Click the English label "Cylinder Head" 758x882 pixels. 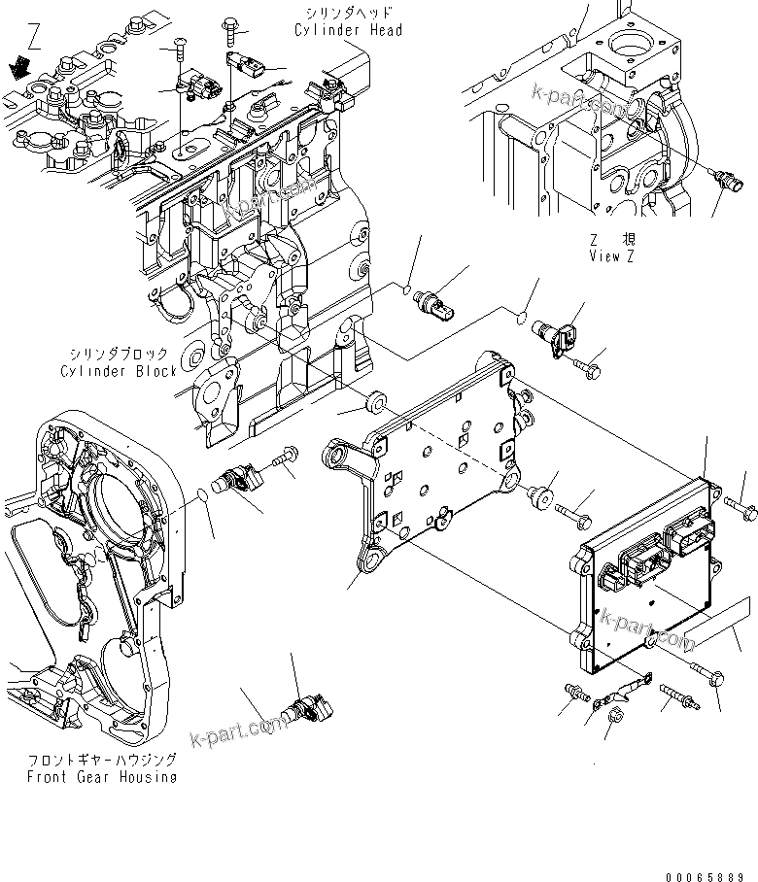click(348, 30)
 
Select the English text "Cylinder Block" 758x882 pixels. click(119, 370)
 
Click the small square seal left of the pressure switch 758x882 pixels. click(409, 288)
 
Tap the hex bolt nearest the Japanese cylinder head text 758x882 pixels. click(232, 26)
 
